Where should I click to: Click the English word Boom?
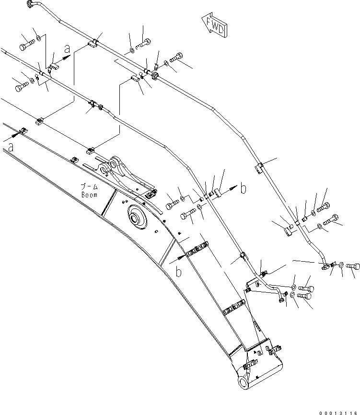coord(89,195)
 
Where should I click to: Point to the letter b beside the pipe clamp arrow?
coord(243,189)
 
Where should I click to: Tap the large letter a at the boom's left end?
coord(11,149)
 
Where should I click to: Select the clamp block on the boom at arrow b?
coord(197,249)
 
